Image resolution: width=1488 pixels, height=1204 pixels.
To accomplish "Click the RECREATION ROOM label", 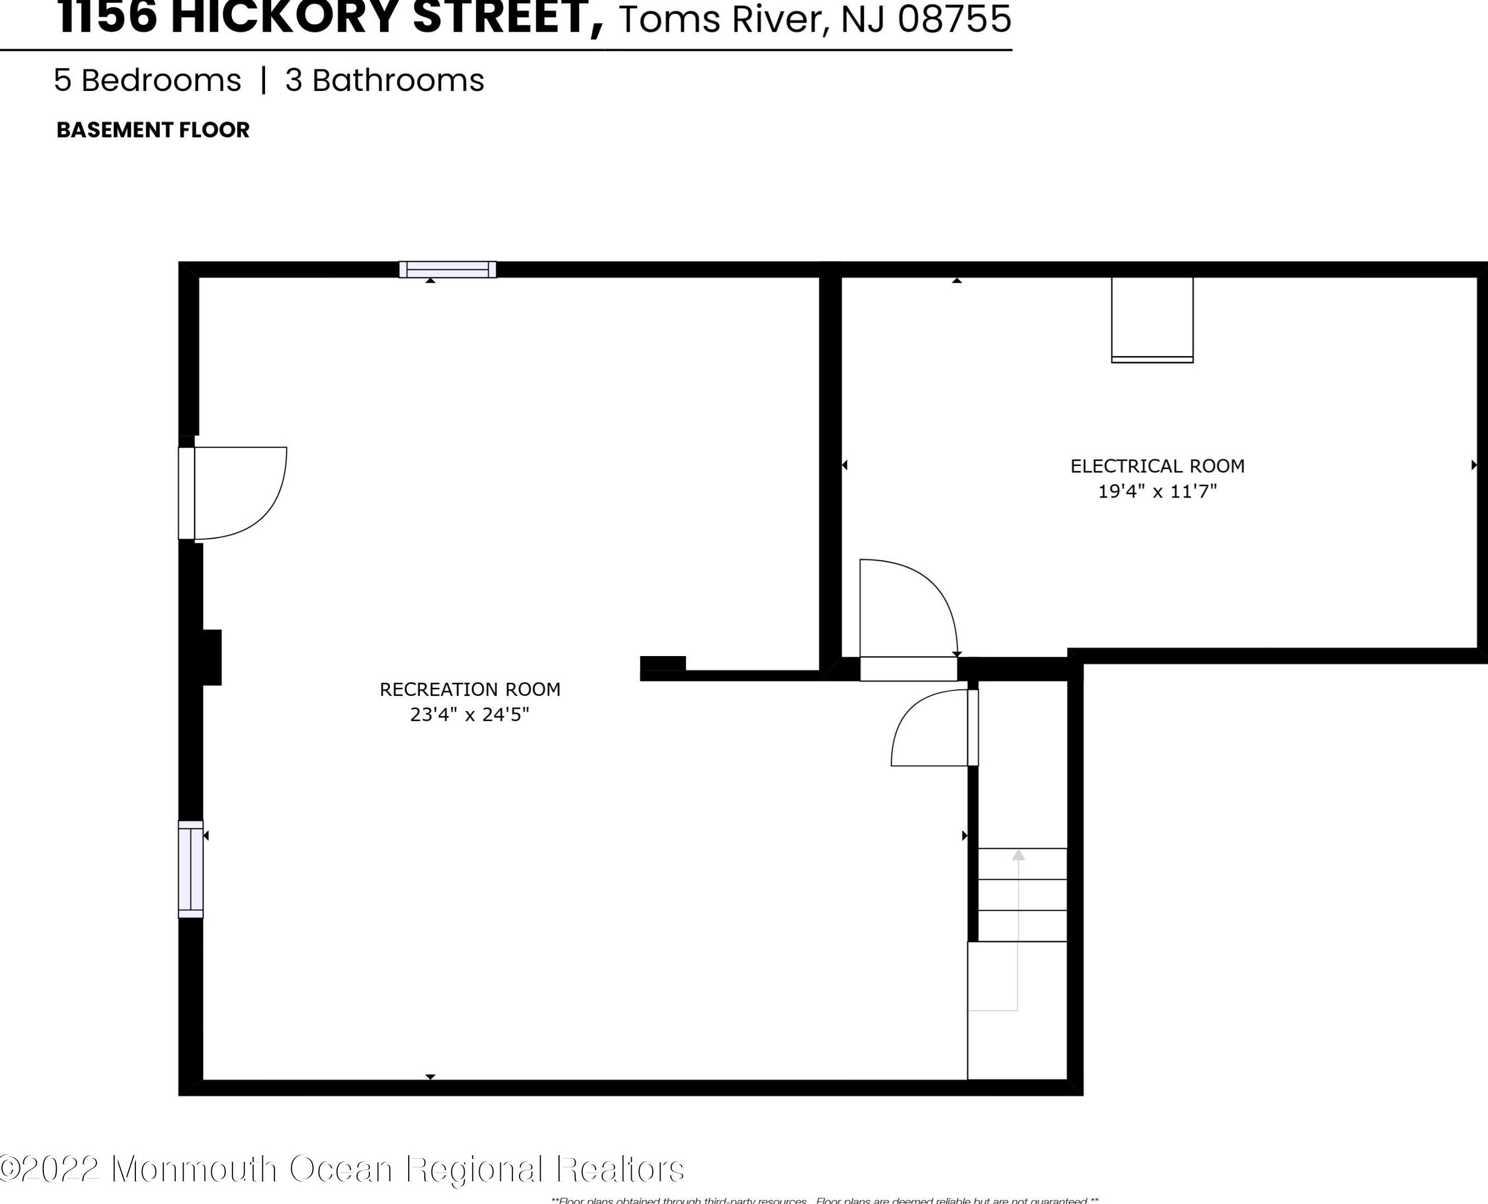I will point(469,689).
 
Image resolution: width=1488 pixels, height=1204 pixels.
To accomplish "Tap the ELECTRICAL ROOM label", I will point(1157,466).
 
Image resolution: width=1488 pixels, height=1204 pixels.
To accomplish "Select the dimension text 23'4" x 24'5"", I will point(469,714).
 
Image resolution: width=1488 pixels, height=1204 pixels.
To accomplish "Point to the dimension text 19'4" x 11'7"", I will point(1157,491).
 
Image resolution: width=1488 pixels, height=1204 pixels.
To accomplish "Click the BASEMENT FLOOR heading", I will point(153,130).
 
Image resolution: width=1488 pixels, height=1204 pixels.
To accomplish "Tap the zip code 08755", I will point(954,19).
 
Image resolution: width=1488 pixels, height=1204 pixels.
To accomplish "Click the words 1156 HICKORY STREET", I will point(329,17).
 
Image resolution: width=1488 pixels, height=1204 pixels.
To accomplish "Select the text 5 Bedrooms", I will point(147,80).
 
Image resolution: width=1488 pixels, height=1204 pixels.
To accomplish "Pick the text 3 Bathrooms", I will point(384,80).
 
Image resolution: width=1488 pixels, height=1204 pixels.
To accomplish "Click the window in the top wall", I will point(447,269).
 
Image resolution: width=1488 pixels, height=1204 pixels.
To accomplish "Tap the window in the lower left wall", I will point(191,869).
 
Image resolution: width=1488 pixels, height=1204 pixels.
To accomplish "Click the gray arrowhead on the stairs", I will point(1018,855).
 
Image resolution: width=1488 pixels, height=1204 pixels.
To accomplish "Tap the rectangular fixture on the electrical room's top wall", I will point(1152,319).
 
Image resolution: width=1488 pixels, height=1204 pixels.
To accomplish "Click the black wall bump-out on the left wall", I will point(211,657).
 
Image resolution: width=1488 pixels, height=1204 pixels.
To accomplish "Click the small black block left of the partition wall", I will point(662,663).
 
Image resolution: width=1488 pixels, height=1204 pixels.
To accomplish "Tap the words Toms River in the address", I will point(722,19).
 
